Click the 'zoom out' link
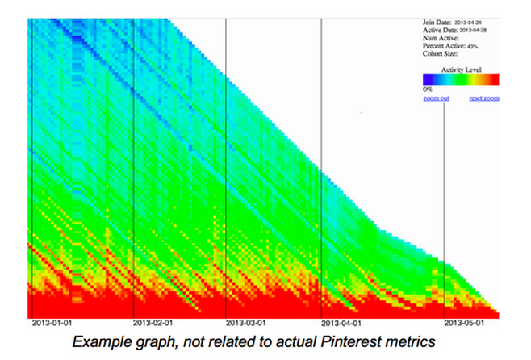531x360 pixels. point(436,98)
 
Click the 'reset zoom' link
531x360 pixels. point(484,98)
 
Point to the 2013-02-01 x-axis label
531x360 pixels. point(153,324)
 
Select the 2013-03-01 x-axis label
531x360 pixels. point(246,324)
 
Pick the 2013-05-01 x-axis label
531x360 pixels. point(465,324)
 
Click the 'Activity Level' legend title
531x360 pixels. point(461,70)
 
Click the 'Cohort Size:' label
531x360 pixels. point(441,54)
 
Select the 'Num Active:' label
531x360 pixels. point(441,38)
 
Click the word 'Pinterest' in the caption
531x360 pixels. point(342,342)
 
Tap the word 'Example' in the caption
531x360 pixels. point(101,342)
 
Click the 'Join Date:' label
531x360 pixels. point(438,22)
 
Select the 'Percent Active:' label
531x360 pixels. point(443,46)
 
